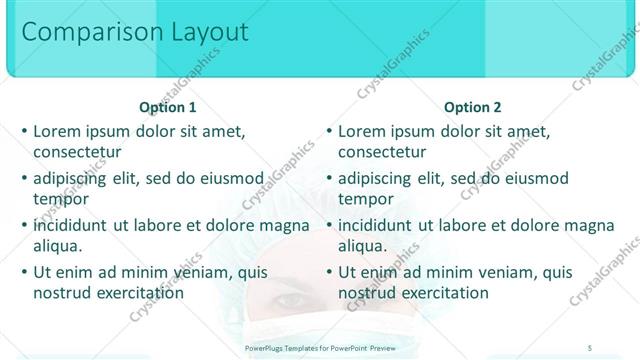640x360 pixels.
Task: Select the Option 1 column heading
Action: point(168,107)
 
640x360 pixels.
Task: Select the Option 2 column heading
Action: point(473,107)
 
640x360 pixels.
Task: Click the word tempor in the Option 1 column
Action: point(62,199)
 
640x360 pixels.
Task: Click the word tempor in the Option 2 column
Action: point(367,199)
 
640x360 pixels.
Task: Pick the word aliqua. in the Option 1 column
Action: point(58,246)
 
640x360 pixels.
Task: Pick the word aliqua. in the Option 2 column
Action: point(363,246)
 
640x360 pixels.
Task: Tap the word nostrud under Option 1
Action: point(64,293)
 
